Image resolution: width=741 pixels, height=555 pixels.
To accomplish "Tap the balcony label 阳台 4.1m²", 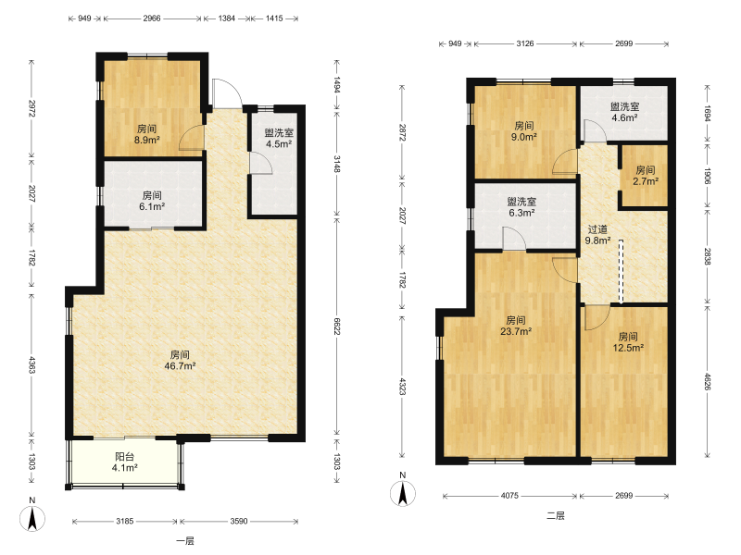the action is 125,462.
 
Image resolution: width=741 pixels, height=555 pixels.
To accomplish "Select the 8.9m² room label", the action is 147,134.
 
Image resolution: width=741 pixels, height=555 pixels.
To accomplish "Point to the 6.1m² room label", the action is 152,201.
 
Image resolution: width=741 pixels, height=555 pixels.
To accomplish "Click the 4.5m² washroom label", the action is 279,138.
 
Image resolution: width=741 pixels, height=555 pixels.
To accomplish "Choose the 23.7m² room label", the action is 516,327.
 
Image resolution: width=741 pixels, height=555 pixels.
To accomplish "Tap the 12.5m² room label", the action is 628,342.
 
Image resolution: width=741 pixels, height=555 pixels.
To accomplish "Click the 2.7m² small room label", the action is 646,175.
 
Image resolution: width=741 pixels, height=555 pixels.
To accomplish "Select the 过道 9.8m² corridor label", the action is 597,235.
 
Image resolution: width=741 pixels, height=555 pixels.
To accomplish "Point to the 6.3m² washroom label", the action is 521,207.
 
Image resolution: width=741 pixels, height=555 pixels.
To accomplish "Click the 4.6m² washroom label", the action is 624,112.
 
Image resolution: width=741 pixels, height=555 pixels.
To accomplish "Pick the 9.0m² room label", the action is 524,131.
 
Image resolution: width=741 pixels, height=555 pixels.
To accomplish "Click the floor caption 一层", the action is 184,541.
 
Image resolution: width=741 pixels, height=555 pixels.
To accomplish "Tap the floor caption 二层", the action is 555,516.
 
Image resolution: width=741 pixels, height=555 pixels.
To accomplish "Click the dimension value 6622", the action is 337,327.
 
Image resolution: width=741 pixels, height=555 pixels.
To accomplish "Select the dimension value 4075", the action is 509,496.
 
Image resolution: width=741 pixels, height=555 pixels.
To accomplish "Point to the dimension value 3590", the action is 239,521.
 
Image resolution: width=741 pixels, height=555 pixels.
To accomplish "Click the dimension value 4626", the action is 707,381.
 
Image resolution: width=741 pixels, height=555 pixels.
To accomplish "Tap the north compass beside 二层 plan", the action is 403,491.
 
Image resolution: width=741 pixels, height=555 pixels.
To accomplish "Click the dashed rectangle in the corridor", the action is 621,271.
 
